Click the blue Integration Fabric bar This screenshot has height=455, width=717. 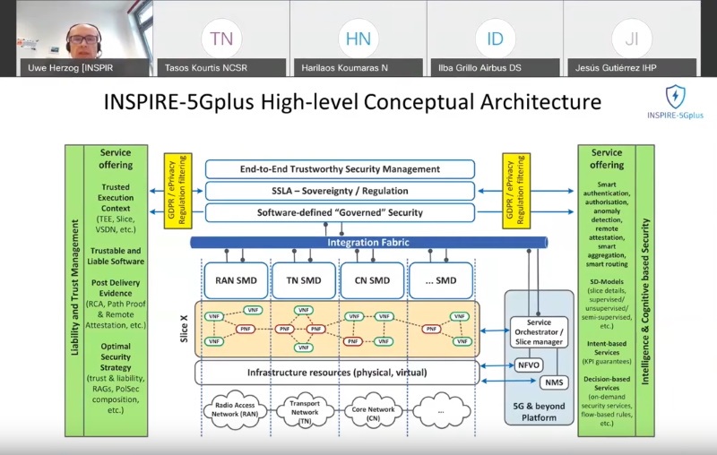(357, 242)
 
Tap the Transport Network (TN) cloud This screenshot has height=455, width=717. (305, 410)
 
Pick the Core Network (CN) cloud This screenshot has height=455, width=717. (372, 410)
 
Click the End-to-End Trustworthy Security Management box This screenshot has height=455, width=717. (340, 168)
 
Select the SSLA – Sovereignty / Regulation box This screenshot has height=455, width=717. (340, 190)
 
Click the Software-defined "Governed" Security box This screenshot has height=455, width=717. (340, 212)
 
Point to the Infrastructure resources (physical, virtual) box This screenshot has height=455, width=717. (336, 372)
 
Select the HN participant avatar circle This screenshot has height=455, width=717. (358, 39)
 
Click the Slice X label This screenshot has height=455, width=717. (184, 329)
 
